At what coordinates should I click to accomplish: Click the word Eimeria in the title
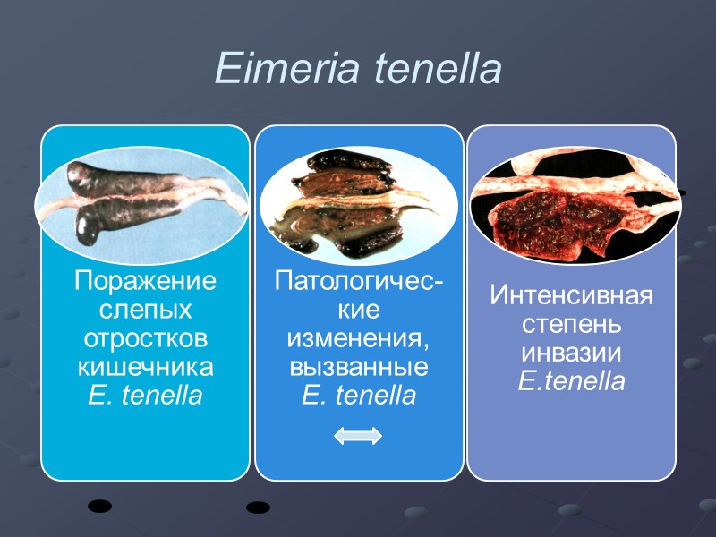284,69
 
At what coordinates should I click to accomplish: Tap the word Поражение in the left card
145,282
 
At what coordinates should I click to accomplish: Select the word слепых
145,311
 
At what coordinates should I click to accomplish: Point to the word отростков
145,339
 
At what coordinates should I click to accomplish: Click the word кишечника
145,368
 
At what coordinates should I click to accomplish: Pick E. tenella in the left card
145,396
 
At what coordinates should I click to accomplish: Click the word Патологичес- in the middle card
359,282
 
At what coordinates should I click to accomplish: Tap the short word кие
359,311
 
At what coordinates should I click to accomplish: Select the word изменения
359,339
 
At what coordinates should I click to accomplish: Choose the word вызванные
359,368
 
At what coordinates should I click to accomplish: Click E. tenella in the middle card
359,396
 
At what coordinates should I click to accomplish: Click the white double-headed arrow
358,436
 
